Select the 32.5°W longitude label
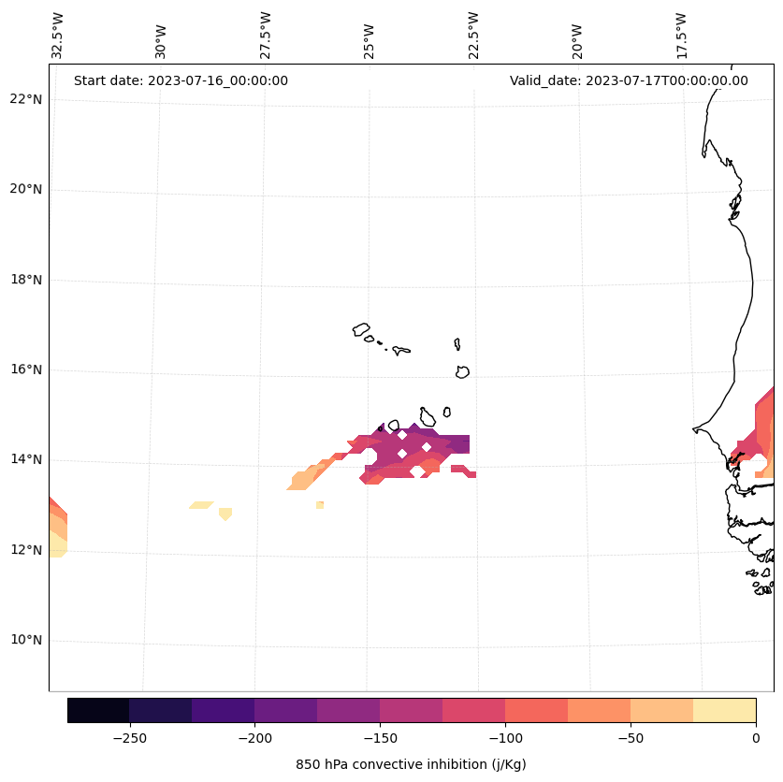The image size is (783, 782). [x=58, y=36]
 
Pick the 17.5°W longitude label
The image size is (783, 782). [x=681, y=36]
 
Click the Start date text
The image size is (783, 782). [x=181, y=80]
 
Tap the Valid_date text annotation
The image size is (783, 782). [x=629, y=80]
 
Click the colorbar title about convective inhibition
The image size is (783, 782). [x=411, y=764]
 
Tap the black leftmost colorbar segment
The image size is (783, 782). [x=98, y=710]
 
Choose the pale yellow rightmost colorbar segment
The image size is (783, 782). [x=724, y=710]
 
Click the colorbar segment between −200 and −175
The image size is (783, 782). [x=285, y=710]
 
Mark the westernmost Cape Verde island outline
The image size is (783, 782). [x=361, y=329]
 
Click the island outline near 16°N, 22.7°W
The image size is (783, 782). [x=462, y=371]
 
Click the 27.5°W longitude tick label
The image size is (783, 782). [x=266, y=36]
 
